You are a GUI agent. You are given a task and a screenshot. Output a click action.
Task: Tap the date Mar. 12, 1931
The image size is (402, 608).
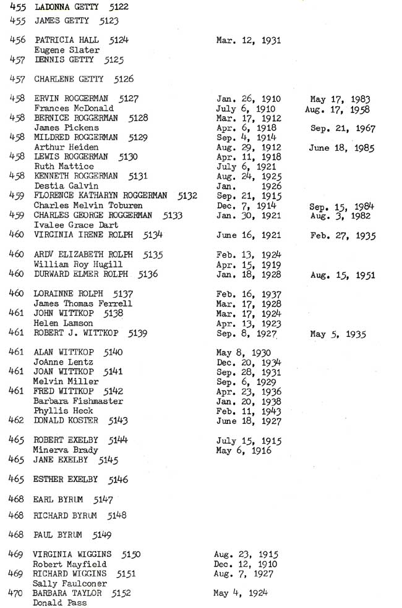click(x=249, y=41)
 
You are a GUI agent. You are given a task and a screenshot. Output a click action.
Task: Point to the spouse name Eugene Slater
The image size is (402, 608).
click(x=67, y=50)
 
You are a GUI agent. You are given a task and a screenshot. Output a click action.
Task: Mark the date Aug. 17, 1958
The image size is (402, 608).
click(x=337, y=109)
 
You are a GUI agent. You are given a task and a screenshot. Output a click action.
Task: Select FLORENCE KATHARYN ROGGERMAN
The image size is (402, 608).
click(x=100, y=195)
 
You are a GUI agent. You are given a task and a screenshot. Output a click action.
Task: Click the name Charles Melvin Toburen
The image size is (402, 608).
click(x=88, y=205)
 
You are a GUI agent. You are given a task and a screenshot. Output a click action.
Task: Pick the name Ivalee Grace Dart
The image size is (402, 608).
click(x=75, y=225)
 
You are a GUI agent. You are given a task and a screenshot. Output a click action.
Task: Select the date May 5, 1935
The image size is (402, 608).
click(x=338, y=334)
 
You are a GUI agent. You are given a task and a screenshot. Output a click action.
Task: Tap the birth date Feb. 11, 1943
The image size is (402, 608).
click(x=249, y=411)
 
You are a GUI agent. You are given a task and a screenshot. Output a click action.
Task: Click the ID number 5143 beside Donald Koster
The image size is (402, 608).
click(x=118, y=421)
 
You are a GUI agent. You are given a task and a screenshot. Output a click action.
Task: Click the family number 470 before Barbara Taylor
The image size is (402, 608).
click(x=16, y=593)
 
